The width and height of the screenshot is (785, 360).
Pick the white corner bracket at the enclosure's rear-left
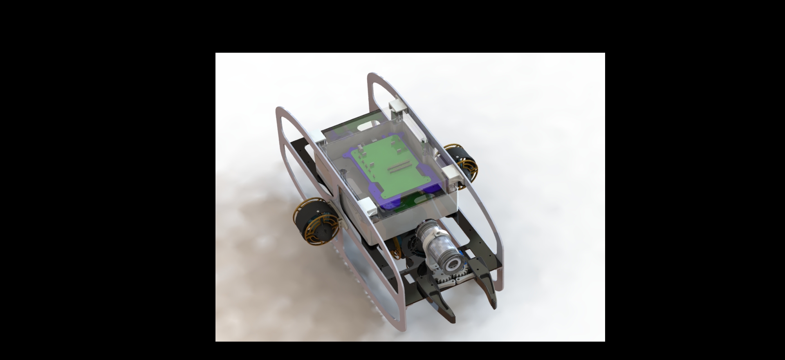[319, 135]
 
